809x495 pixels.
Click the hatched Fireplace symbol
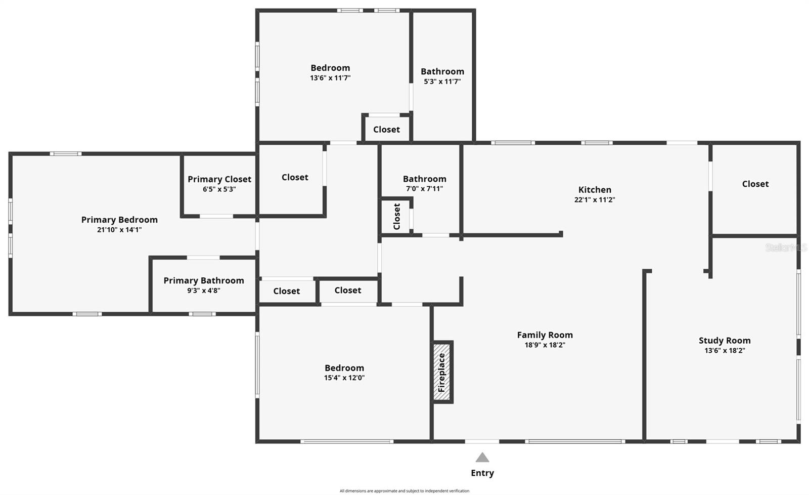click(442, 372)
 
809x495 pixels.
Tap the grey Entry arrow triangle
click(482, 458)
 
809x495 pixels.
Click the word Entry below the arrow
click(482, 473)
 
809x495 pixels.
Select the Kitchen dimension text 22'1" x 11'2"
click(595, 199)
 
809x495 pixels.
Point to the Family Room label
click(545, 335)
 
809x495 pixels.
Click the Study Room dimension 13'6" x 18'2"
click(725, 350)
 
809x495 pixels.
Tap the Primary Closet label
click(219, 179)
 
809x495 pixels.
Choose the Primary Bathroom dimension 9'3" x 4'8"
click(204, 291)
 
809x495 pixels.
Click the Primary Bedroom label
click(119, 220)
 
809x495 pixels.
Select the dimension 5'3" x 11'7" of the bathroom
click(442, 81)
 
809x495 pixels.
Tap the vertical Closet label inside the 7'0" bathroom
click(397, 216)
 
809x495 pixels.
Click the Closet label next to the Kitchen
click(755, 184)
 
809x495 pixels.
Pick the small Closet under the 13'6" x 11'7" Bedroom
click(386, 130)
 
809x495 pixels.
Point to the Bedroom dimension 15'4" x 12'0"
click(344, 378)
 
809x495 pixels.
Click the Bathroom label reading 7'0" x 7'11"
click(424, 179)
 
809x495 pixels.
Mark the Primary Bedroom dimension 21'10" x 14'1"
click(119, 230)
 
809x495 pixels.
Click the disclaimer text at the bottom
click(404, 490)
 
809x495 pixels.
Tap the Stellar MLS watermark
click(785, 247)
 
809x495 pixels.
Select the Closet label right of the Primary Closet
click(295, 177)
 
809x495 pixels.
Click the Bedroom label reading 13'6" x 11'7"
click(330, 68)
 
